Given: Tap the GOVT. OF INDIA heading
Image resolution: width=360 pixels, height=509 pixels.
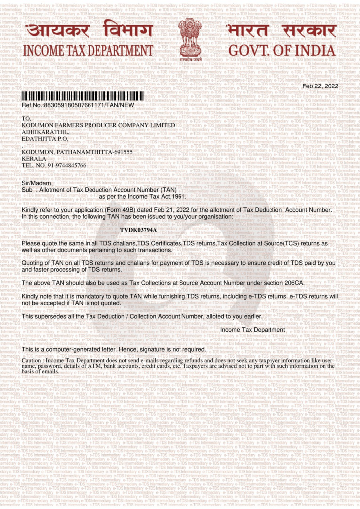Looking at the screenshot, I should click(x=281, y=51).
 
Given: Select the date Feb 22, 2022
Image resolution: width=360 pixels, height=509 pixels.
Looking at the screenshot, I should click(x=320, y=86).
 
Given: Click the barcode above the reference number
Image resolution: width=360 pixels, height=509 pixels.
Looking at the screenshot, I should click(x=83, y=96).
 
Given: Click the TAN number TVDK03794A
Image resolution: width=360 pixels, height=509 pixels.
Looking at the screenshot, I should click(x=138, y=230).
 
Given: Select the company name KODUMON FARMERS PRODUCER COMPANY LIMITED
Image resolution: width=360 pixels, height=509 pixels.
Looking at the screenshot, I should click(x=98, y=125).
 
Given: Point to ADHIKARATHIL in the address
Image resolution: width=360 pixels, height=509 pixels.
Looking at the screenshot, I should click(x=45, y=132).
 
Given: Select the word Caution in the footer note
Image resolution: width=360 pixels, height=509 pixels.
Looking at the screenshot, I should click(x=32, y=360).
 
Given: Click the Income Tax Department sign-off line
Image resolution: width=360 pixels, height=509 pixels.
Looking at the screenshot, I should click(x=253, y=330).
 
